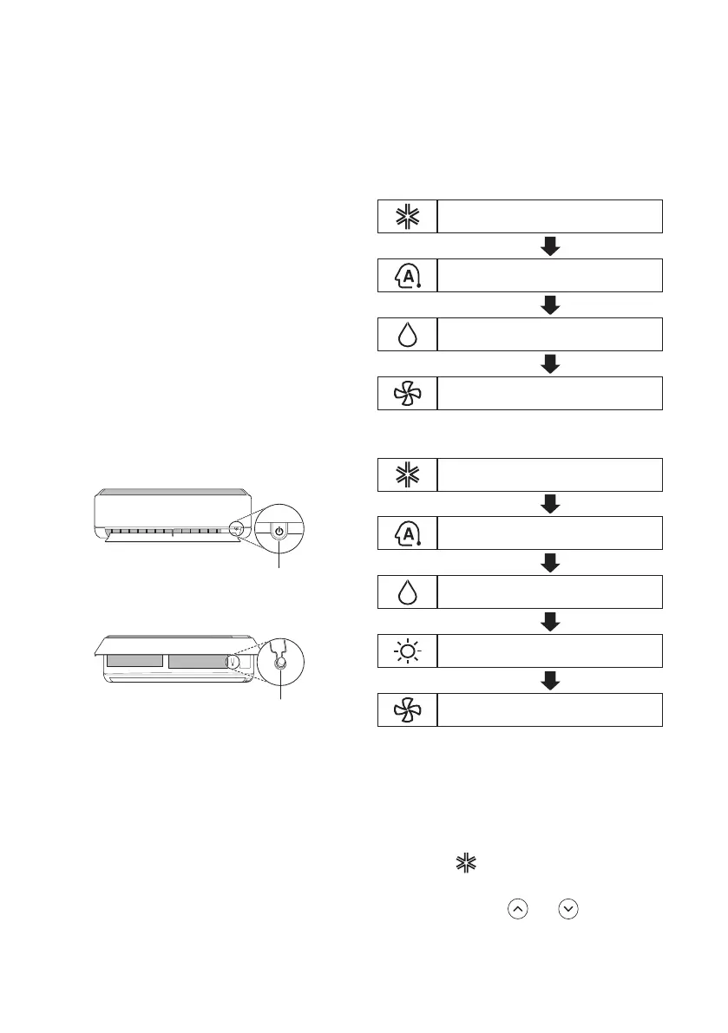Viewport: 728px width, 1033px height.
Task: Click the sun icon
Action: tap(408, 650)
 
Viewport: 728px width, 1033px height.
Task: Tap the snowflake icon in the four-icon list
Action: tap(408, 216)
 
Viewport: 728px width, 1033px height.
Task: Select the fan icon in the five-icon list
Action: tap(408, 709)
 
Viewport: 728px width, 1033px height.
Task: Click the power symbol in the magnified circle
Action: tap(279, 531)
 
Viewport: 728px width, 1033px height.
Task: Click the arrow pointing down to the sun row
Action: tap(549, 621)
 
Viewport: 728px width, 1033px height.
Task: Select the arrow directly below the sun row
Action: tap(549, 680)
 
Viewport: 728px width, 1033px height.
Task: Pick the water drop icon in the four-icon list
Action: tap(408, 334)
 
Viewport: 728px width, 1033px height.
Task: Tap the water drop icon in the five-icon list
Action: tap(408, 591)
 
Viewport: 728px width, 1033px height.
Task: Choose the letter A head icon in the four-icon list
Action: tap(408, 275)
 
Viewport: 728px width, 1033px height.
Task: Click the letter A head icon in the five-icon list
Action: tap(408, 532)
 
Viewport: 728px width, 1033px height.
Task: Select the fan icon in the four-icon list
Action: tap(408, 393)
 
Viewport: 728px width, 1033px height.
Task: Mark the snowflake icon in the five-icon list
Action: tap(408, 473)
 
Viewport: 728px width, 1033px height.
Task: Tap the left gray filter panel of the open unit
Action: tap(134, 661)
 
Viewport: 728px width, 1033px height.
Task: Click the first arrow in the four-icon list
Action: tap(549, 246)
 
